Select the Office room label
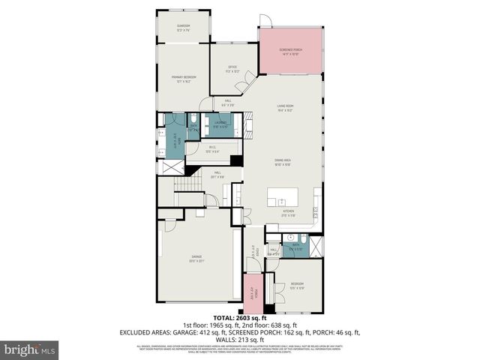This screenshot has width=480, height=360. tap(232, 68)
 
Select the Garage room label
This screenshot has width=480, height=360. tap(196, 259)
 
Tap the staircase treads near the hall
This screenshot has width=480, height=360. tap(184, 186)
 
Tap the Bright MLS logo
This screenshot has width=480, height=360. tap(30, 349)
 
